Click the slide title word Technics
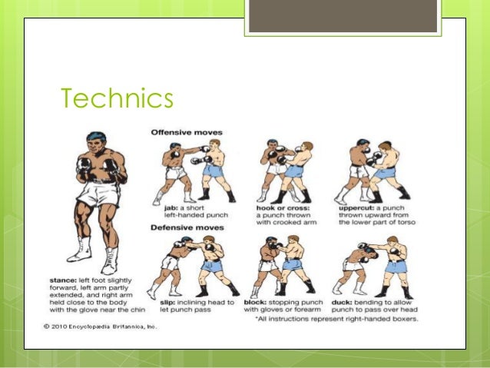tap(117, 100)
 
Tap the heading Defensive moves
tap(187, 227)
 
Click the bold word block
tap(255, 303)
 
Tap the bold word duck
tap(343, 303)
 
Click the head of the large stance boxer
tap(94, 144)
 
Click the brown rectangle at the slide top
tap(343, 16)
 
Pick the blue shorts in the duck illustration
tap(395, 267)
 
